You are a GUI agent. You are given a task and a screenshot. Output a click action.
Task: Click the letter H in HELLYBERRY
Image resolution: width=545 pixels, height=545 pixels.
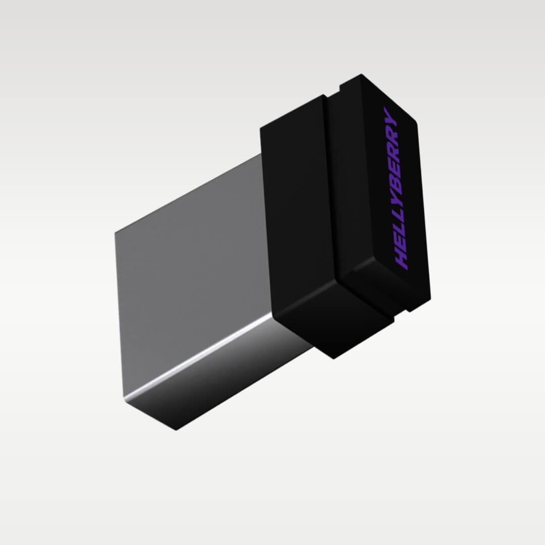[403, 258]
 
